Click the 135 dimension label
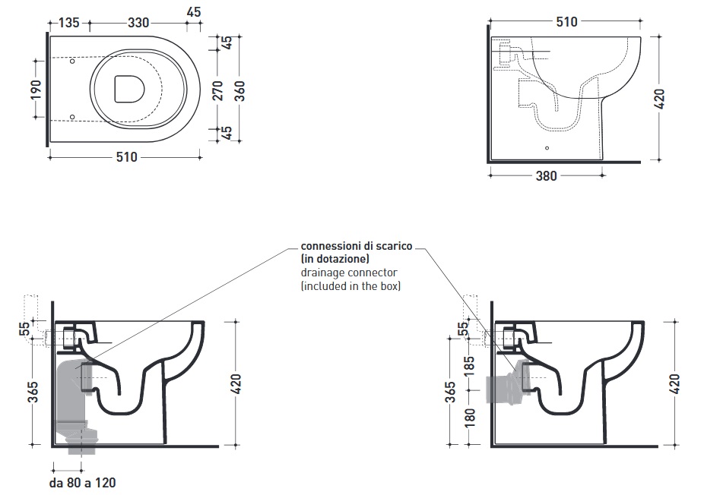coord(68,23)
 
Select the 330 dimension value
coord(138,23)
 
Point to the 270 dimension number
coord(217,90)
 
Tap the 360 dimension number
coord(239,90)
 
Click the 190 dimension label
coord(36,90)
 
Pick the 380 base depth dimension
coord(547,176)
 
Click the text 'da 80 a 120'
coord(83,483)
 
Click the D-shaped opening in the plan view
coord(129,89)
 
